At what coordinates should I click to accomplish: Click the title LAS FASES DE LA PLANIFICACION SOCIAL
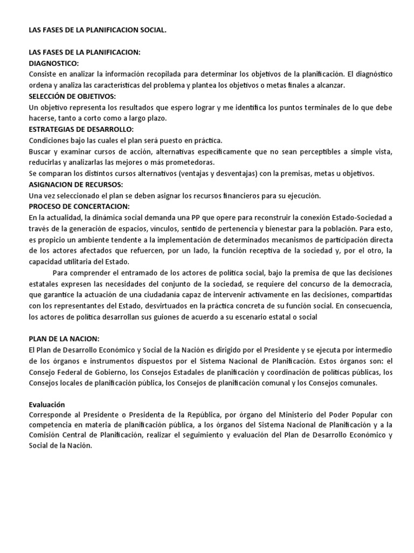[98, 31]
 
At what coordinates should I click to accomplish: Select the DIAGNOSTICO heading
[53, 63]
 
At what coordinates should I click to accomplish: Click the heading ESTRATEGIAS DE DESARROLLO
[81, 129]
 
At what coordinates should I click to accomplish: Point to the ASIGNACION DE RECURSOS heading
[76, 184]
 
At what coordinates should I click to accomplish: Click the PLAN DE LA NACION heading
[64, 339]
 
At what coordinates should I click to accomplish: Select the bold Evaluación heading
[46, 404]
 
